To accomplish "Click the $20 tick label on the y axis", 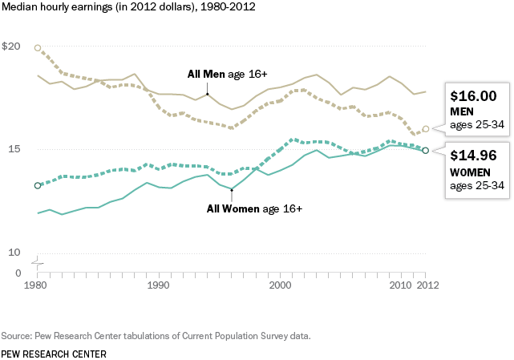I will pos(10,47).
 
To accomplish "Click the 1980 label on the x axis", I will pos(35,285).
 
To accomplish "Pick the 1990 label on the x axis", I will pos(158,285).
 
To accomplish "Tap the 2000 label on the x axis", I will pos(280,285).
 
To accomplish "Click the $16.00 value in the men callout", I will pos(473,95).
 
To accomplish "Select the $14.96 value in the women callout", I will pos(473,155).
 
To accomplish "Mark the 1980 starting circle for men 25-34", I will pos(37,48).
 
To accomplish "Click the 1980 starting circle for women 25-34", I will pos(37,185).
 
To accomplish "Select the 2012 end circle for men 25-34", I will pos(426,128).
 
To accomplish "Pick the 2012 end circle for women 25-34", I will pos(426,150).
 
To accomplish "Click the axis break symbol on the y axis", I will pos(37,262).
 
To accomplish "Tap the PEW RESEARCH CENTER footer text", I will pos(53,353).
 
